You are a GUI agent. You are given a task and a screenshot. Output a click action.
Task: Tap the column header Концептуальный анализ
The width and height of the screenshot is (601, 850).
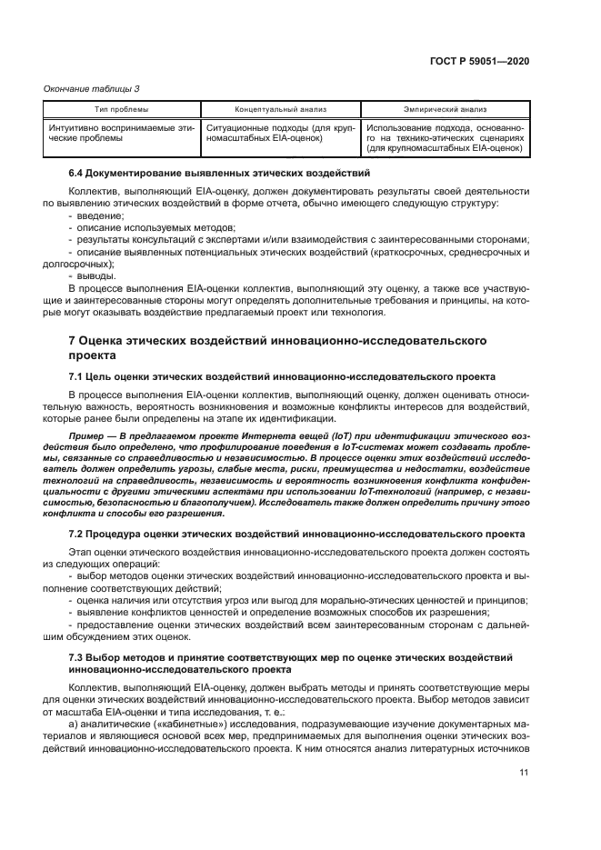click(280, 108)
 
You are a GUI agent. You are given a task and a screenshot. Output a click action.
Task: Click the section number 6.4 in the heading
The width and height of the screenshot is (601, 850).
click(78, 173)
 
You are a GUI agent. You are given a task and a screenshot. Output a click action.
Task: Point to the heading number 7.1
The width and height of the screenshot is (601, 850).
click(78, 375)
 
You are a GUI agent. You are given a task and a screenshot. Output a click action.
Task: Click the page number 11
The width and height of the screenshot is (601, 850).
click(524, 773)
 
